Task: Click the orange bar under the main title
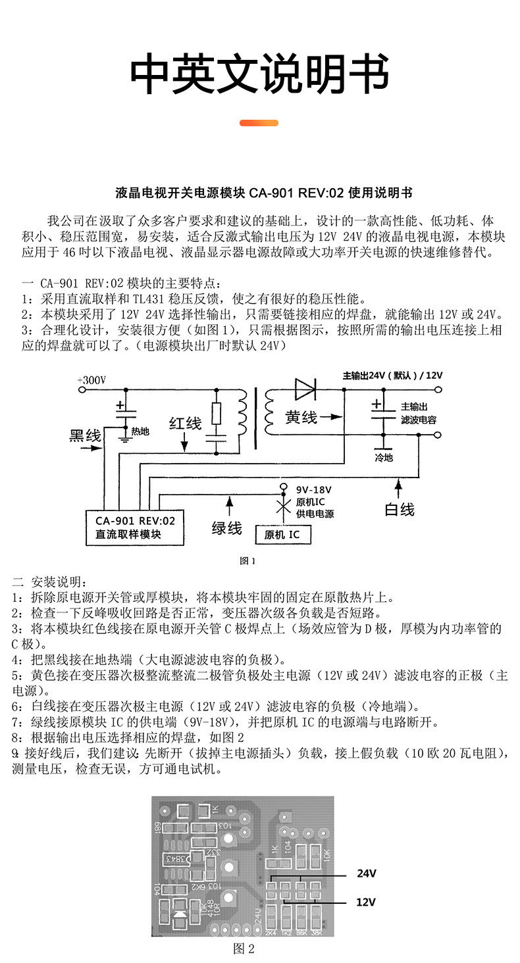pyautogui.click(x=259, y=123)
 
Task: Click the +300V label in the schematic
pyautogui.click(x=91, y=380)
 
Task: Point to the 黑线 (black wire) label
pyautogui.click(x=86, y=436)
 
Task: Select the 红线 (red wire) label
pyautogui.click(x=185, y=424)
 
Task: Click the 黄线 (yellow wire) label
pyautogui.click(x=301, y=417)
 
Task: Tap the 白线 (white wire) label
pyautogui.click(x=400, y=509)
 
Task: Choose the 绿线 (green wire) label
pyautogui.click(x=226, y=528)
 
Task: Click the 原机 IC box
pyautogui.click(x=282, y=534)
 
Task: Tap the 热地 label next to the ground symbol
pyautogui.click(x=140, y=432)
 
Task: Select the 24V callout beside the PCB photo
pyautogui.click(x=366, y=874)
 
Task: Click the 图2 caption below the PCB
pyautogui.click(x=244, y=949)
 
